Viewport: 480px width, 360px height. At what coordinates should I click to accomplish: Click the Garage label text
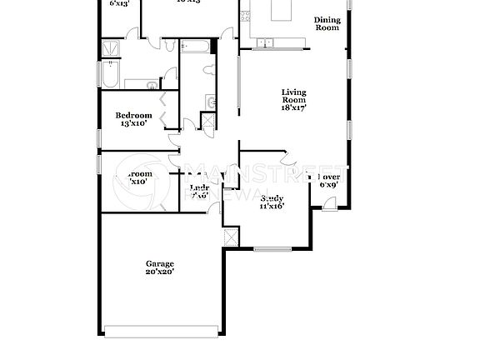[160, 263]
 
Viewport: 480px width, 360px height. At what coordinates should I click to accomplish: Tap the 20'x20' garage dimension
[160, 272]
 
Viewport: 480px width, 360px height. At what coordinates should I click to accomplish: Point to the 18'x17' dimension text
[294, 107]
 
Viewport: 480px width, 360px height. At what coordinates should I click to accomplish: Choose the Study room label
[272, 198]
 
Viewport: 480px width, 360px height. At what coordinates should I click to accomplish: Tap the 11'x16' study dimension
[272, 207]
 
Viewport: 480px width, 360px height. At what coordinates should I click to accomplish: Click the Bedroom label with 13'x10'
[133, 115]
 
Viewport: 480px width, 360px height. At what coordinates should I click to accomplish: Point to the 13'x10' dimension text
[133, 123]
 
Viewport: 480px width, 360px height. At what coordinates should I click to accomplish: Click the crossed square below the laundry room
[231, 235]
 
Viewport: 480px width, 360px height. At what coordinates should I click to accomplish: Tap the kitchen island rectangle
[280, 9]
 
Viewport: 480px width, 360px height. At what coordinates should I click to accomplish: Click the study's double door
[288, 159]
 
